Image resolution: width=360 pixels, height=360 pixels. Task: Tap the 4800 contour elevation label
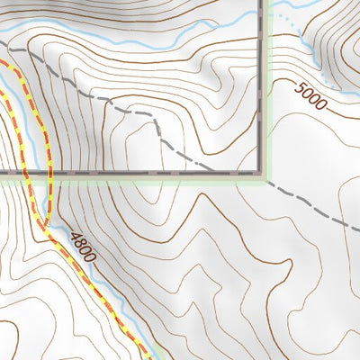tap(80, 245)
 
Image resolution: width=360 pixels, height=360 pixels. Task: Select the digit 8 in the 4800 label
tap(76, 240)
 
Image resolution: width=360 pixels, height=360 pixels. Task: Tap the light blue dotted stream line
tap(286, 20)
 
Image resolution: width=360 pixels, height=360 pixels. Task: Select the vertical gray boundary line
tap(265, 90)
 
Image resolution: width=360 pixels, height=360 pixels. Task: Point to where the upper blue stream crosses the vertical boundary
tap(265, 12)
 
